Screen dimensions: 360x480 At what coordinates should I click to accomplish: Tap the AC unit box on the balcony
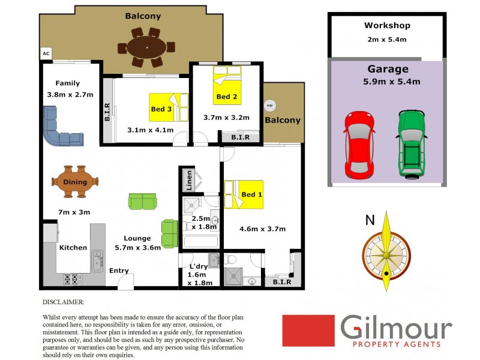tap(46, 53)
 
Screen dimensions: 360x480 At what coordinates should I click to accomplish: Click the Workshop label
tap(387, 26)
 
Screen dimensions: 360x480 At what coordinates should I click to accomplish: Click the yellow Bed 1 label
tap(251, 195)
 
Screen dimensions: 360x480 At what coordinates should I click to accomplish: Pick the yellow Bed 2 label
tap(223, 97)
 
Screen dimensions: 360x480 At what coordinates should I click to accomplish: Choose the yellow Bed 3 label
tap(161, 109)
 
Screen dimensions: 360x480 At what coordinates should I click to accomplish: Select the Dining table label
tap(74, 182)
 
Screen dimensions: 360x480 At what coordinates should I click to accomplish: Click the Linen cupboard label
tap(189, 179)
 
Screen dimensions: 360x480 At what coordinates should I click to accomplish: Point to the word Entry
tap(119, 271)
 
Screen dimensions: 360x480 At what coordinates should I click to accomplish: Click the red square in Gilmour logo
tap(308, 331)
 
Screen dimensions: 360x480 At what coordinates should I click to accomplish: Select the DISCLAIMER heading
tap(64, 302)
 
